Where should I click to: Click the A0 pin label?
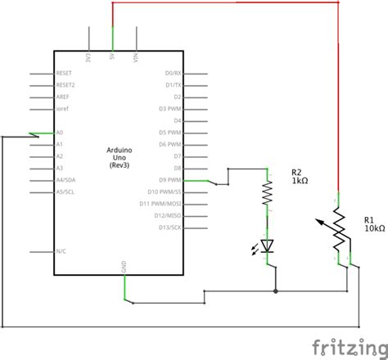click(60, 132)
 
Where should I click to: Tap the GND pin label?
click(124, 265)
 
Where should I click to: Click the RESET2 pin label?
click(65, 84)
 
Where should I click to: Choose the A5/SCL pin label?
click(66, 191)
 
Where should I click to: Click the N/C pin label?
click(61, 251)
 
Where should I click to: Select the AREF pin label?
click(63, 97)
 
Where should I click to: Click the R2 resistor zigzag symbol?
click(267, 192)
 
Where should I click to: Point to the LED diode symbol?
click(267, 244)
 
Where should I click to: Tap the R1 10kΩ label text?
click(373, 224)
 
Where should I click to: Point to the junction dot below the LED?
click(275, 290)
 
